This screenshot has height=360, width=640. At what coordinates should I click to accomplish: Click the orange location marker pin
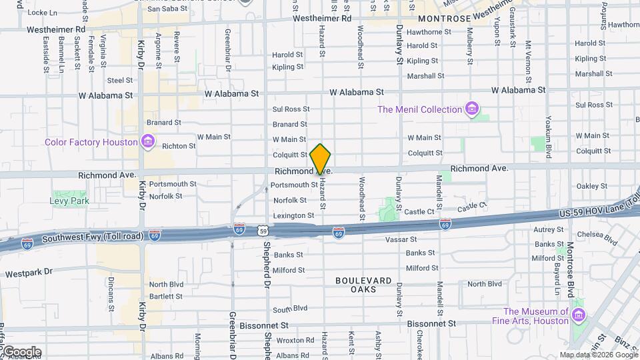pyautogui.click(x=320, y=159)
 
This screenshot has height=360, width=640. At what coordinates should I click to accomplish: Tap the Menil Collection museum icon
pyautogui.click(x=473, y=109)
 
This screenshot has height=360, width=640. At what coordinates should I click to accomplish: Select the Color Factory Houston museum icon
pyautogui.click(x=148, y=142)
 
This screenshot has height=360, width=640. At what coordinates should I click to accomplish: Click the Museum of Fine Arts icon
pyautogui.click(x=578, y=316)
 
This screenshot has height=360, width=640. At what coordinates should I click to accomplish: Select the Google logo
pyautogui.click(x=21, y=351)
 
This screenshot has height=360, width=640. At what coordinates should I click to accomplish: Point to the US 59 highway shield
pyautogui.click(x=264, y=231)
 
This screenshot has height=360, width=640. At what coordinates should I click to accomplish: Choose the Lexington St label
pyautogui.click(x=293, y=215)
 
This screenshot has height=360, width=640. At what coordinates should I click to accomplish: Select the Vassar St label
pyautogui.click(x=403, y=239)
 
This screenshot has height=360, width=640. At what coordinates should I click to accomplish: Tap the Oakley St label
pyautogui.click(x=588, y=186)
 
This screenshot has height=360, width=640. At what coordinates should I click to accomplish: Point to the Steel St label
pyautogui.click(x=120, y=80)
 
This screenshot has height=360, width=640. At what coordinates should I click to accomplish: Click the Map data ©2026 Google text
pyautogui.click(x=597, y=355)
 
